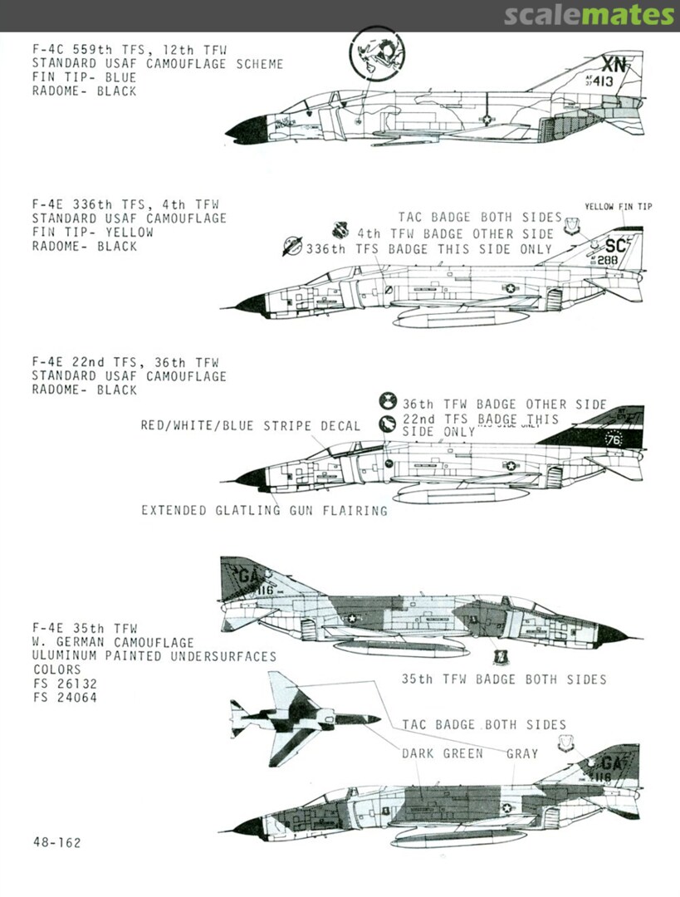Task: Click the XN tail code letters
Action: point(615,65)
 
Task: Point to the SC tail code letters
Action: point(615,246)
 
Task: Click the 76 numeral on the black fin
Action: point(614,440)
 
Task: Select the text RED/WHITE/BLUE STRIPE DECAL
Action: point(251,426)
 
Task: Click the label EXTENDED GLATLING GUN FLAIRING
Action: point(264,511)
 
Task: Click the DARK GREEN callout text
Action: point(442,754)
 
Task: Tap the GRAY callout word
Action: point(521,754)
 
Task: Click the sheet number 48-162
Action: point(57,842)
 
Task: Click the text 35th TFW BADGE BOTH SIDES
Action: point(503,679)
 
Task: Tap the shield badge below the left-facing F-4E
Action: point(500,658)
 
